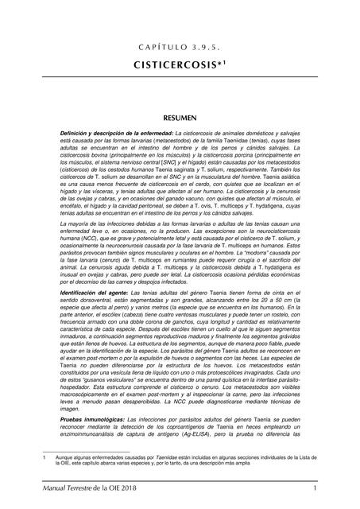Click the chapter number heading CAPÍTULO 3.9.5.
tap(180, 46)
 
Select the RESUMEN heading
tap(180, 117)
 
